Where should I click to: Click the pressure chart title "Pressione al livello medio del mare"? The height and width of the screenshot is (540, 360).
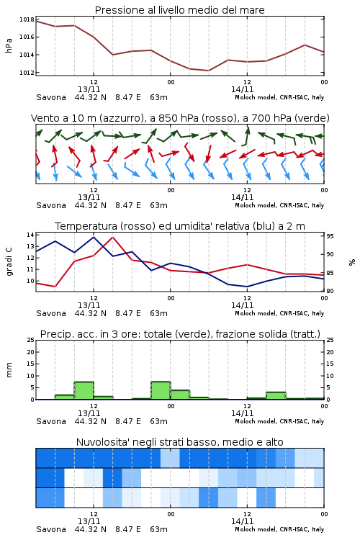(179, 10)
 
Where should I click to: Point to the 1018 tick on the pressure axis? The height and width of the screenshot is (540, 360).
(27, 19)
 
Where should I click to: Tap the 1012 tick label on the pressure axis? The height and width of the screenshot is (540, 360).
(27, 73)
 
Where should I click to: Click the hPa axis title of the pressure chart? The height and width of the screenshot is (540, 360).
(9, 46)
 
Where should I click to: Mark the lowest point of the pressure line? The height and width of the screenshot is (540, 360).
(208, 71)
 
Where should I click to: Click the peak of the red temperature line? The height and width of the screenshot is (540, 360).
(112, 237)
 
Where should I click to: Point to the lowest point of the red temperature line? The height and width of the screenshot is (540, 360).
(55, 287)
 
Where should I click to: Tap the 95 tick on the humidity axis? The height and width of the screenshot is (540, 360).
(330, 236)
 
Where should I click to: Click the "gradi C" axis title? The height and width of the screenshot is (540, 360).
(9, 261)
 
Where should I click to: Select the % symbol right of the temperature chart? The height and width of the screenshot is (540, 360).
(352, 262)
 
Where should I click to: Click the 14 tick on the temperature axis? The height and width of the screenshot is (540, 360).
(30, 235)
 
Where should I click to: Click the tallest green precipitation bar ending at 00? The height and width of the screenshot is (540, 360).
(161, 390)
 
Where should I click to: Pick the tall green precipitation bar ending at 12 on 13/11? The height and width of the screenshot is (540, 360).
(84, 391)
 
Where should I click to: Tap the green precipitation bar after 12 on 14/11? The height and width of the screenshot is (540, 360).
(276, 396)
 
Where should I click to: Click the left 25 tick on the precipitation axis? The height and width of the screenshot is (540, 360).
(30, 340)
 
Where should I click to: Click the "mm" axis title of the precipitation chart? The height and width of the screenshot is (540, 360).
(9, 370)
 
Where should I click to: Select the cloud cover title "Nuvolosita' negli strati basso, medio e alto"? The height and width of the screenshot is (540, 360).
(179, 442)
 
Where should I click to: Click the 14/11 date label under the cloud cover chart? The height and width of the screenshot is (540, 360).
(242, 521)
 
